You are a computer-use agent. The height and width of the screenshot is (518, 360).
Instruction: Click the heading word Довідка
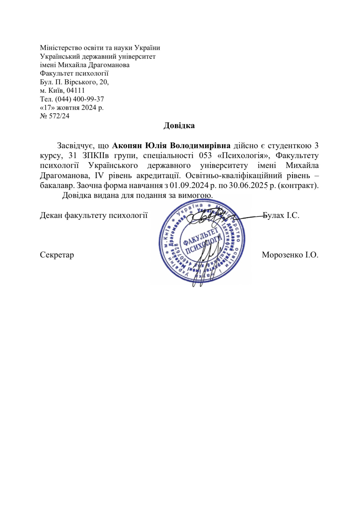point(179,126)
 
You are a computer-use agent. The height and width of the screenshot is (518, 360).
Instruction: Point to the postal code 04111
point(75,91)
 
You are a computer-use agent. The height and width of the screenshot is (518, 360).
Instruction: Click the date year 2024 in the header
point(90,108)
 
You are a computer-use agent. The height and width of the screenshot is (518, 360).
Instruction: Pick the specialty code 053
point(205,155)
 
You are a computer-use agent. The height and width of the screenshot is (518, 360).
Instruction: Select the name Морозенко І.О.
point(290,255)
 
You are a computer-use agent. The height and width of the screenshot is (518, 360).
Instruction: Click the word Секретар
point(57,255)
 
